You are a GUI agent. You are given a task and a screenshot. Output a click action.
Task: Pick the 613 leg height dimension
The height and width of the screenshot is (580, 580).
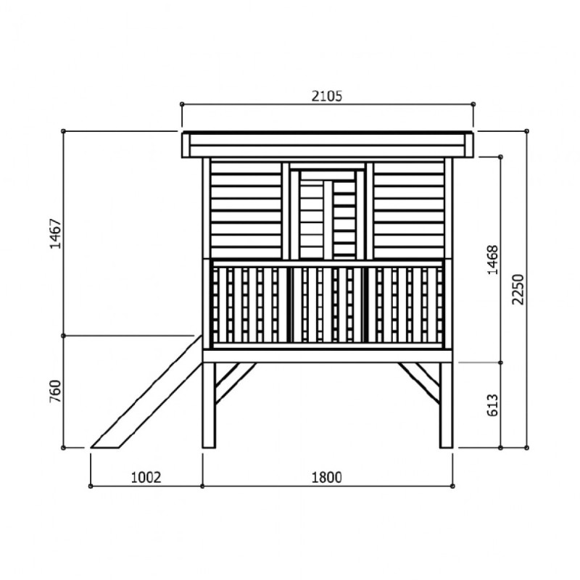[492, 405]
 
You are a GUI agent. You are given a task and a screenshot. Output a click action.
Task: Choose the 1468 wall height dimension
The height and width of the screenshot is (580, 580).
[492, 257]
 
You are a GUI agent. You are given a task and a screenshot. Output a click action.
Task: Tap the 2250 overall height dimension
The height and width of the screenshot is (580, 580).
[516, 290]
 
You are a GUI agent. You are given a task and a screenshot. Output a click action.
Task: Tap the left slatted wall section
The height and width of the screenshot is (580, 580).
[246, 210]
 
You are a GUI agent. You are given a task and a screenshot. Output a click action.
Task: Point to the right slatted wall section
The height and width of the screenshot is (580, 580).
[409, 210]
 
